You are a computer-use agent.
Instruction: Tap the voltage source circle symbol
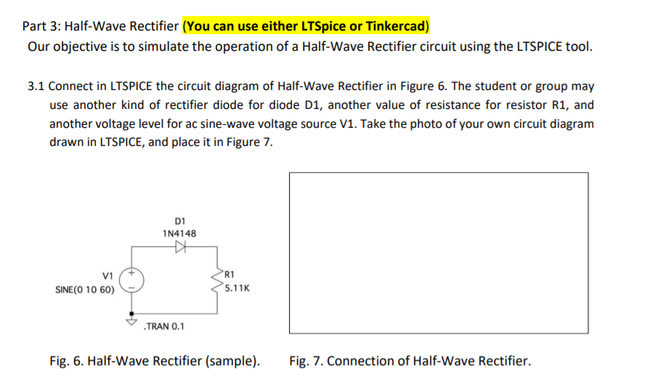point(132,281)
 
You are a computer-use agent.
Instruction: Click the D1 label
point(181,220)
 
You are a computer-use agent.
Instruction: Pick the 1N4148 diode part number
point(179,233)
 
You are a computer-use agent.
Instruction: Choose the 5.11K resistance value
point(237,287)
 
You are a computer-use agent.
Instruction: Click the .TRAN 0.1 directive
point(165,326)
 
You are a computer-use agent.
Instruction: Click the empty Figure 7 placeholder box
point(439,253)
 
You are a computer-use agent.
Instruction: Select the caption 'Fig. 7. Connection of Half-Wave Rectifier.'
point(410,361)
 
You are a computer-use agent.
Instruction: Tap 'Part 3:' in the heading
point(41,27)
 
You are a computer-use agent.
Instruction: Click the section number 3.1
point(37,86)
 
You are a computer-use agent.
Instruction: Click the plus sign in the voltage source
point(132,274)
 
